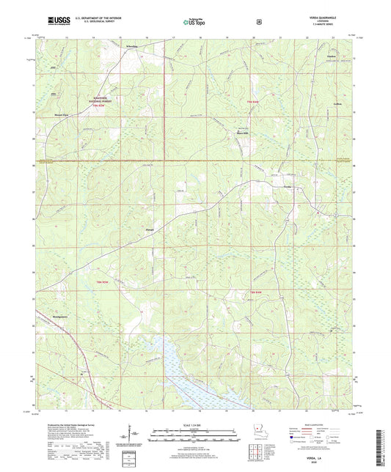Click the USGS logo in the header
pos(56,21)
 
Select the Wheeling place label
pos(131,46)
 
